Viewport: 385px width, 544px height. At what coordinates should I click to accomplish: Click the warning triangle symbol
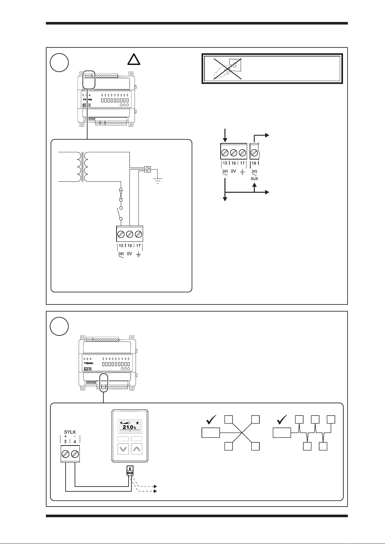tap(133, 60)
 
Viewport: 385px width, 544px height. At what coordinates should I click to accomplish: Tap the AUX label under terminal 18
tap(254, 179)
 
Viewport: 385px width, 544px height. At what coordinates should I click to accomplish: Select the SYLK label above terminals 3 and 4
tap(70, 432)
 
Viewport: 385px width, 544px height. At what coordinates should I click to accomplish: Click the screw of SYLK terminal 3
tap(66, 454)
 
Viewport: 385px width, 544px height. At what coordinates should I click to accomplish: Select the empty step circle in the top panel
tap(59, 63)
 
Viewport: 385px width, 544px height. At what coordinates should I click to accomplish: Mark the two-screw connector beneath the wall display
tap(130, 472)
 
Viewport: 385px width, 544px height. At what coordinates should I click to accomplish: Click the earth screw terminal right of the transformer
tap(148, 169)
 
